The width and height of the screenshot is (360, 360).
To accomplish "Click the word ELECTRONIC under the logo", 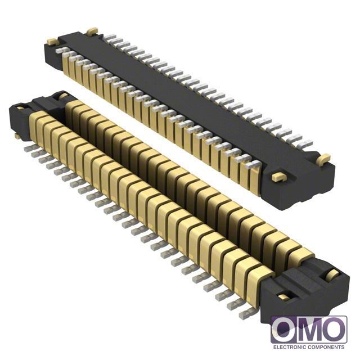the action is (289, 347).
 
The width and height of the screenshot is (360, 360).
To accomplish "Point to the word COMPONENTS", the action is (326, 347).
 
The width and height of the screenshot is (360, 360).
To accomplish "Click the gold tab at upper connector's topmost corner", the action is (92, 31).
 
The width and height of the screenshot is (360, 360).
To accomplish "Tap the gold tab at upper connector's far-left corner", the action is (52, 42).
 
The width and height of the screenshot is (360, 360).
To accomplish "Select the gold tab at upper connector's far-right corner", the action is (323, 159).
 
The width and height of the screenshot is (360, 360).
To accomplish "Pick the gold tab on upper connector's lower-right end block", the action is (278, 177).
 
